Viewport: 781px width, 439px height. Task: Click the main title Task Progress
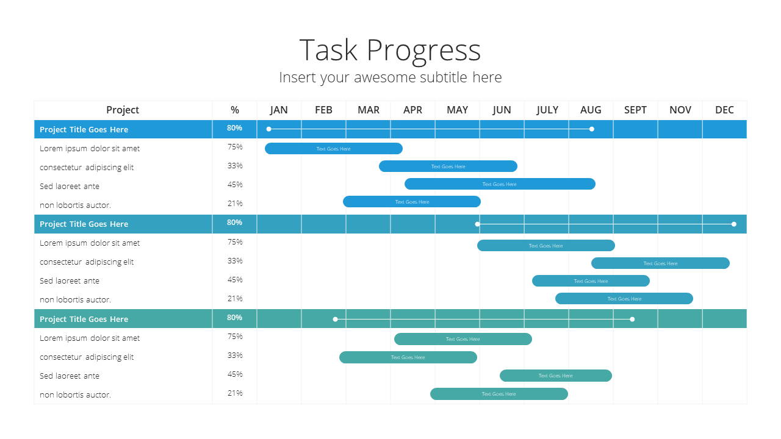pos(390,51)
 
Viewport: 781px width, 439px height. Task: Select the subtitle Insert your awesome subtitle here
pos(390,77)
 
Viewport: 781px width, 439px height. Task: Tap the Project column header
pos(123,110)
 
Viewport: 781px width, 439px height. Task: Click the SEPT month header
pos(635,110)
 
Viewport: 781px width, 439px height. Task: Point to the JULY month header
pos(547,110)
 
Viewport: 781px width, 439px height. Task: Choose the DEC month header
pos(724,110)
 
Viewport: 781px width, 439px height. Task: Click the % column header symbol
pos(235,110)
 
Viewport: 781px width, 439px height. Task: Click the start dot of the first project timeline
pos(269,129)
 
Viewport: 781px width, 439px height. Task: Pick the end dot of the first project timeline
pos(592,129)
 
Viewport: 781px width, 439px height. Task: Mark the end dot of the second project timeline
pos(734,224)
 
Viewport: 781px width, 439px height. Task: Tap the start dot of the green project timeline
pos(335,319)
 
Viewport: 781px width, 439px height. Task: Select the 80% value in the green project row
pos(234,318)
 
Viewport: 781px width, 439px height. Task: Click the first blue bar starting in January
pos(334,148)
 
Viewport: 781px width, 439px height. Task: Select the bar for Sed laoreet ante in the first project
pos(500,184)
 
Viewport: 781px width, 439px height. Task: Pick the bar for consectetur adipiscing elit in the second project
pos(660,263)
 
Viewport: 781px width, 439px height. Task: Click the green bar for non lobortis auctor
pos(499,394)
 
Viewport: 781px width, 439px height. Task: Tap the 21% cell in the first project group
pos(235,204)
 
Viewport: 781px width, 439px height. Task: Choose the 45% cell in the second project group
pos(235,280)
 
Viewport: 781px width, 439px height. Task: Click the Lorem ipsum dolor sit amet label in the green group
pos(90,338)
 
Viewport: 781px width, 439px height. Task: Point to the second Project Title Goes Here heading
pos(84,224)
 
